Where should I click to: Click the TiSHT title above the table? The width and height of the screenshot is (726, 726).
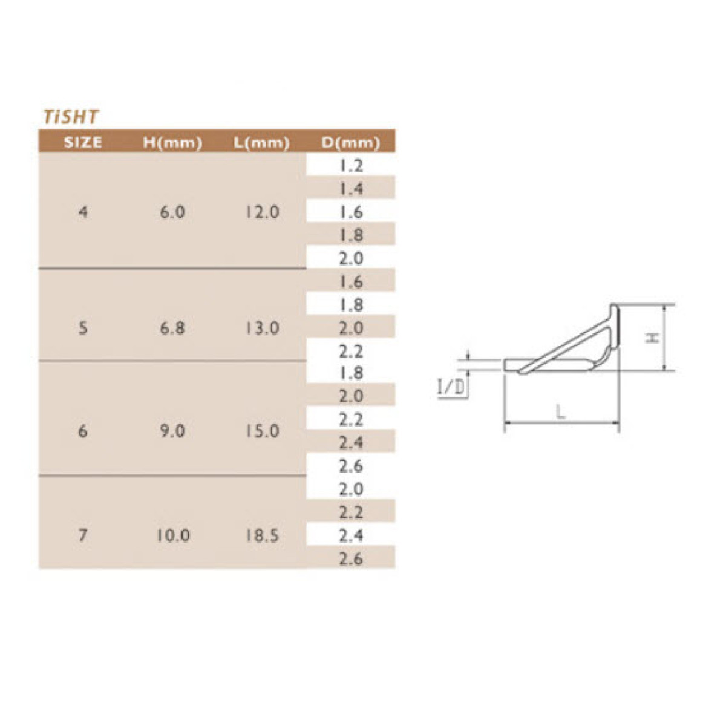(71, 117)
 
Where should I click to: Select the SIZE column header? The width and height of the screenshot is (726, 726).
(83, 142)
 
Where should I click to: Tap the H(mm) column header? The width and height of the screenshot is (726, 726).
(172, 143)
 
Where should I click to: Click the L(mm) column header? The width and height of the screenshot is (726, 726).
(261, 143)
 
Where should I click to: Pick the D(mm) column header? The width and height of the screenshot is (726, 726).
(351, 143)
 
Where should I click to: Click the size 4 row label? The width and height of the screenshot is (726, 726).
(83, 212)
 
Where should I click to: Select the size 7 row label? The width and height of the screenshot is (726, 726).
(83, 535)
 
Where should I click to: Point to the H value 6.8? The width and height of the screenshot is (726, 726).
(172, 328)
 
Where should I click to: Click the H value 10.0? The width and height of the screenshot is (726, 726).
(173, 535)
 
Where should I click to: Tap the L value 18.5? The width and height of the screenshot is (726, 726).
(262, 535)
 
